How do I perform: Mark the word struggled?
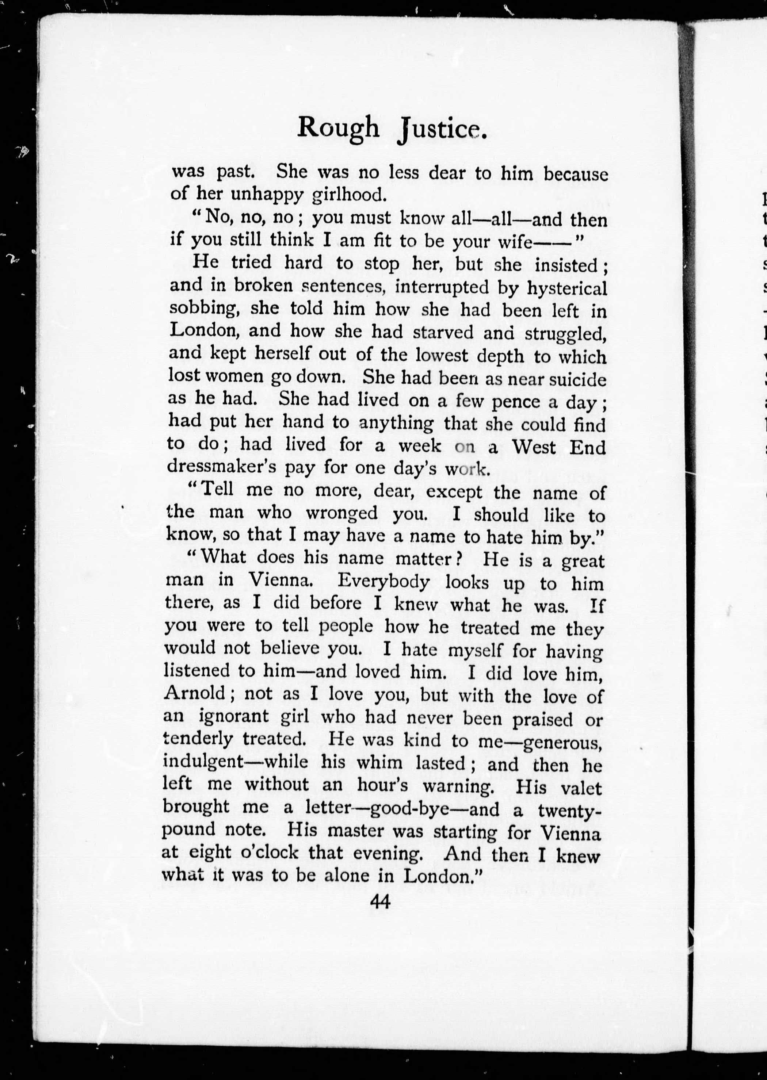point(565,333)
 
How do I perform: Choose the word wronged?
point(341,513)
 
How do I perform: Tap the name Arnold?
point(194,693)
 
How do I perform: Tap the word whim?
point(379,762)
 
